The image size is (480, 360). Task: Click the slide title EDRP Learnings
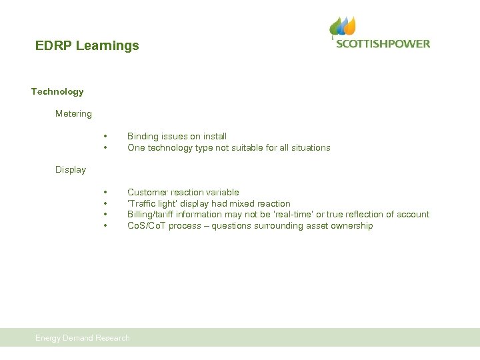tap(87, 46)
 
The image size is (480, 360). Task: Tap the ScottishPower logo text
tap(383, 43)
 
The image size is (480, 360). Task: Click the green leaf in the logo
tap(336, 29)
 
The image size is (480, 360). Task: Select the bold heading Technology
tap(57, 91)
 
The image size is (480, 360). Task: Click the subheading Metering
tap(73, 114)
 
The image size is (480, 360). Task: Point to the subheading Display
tap(70, 170)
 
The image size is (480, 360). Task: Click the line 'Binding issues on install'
tap(177, 137)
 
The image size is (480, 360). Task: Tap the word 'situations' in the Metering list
tap(309, 148)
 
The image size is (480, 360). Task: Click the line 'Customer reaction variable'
tap(183, 193)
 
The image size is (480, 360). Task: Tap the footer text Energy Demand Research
tap(83, 338)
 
